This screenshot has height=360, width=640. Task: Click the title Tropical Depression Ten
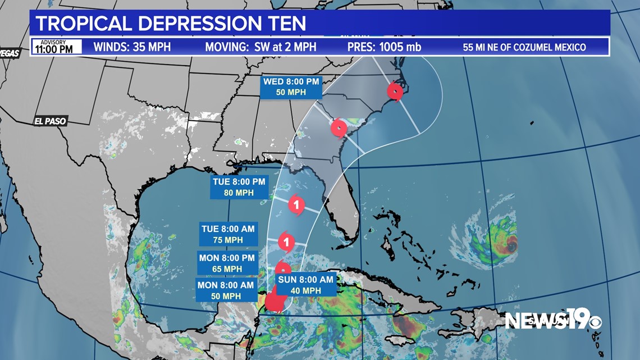[171, 24]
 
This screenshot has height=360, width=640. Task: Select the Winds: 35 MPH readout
[132, 47]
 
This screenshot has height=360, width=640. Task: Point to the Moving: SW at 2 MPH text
[260, 47]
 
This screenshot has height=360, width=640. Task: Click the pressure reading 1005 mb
[384, 47]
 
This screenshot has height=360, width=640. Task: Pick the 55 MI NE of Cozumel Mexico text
[524, 47]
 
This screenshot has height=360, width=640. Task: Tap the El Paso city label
[50, 121]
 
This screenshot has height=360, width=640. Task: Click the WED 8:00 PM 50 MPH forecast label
[291, 87]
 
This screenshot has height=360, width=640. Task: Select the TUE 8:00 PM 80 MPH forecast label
[240, 187]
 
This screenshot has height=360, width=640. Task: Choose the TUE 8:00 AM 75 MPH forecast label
[229, 234]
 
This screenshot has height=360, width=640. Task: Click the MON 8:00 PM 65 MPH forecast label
[227, 263]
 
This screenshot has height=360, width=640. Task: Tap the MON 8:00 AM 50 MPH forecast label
[226, 290]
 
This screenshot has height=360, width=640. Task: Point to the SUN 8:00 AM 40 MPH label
[306, 285]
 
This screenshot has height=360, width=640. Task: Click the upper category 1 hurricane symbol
[296, 205]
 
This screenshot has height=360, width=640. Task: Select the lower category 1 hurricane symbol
[286, 242]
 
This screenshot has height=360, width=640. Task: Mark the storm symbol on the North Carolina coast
[395, 92]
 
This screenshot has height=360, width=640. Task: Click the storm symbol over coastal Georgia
[339, 128]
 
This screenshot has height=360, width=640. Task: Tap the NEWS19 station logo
[552, 321]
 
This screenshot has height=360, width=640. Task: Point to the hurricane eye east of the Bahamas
[511, 246]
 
